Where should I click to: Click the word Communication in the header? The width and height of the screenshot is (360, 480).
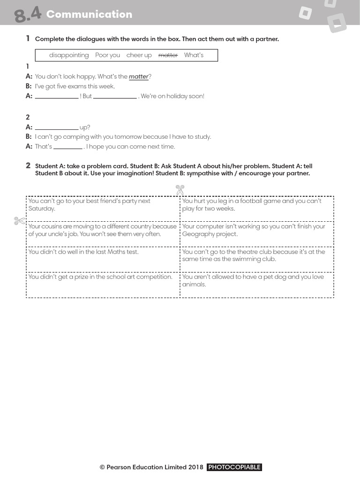pos(89,14)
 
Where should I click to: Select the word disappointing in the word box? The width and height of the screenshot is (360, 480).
pos(69,55)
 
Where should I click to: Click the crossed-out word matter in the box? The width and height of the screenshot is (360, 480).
pos(168,55)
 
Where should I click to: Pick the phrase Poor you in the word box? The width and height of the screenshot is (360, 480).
pos(107,55)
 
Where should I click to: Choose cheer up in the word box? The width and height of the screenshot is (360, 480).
pos(139,55)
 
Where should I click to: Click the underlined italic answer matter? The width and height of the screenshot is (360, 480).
pos(138,77)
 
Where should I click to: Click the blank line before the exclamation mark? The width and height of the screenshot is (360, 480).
pos(57,97)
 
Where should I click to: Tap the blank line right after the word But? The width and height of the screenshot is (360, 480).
pos(115,97)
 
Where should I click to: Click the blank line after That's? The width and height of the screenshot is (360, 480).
pos(68,147)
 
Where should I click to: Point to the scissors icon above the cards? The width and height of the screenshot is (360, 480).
pos(180,190)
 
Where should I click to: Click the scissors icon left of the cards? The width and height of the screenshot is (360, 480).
pos(19,221)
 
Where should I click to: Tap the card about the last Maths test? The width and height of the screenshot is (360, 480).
pos(103,259)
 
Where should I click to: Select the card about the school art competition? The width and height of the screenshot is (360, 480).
pos(103,284)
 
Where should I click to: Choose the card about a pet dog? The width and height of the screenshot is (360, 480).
pos(256,284)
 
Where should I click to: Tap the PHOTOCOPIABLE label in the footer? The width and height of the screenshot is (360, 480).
pos(234,467)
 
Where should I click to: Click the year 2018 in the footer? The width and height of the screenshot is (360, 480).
pos(195,467)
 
